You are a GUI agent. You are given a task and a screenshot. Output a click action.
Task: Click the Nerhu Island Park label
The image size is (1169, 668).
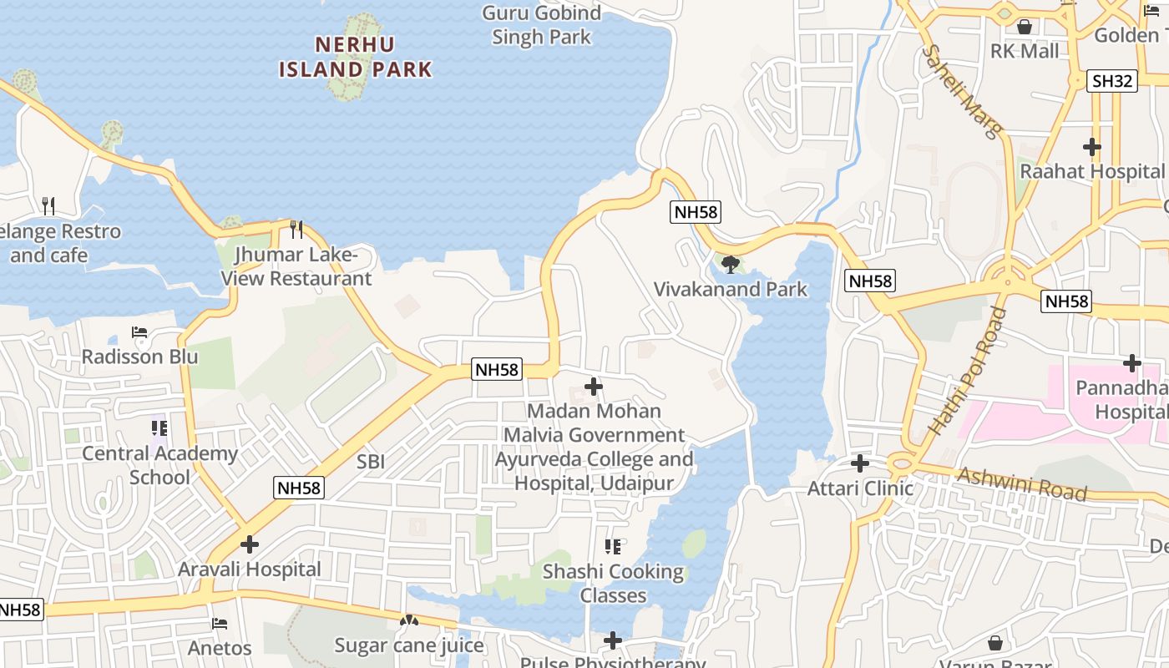(356, 57)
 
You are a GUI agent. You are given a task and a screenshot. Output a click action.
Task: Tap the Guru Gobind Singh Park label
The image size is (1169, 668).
(542, 25)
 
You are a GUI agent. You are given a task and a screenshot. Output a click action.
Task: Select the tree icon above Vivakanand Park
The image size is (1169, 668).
(731, 265)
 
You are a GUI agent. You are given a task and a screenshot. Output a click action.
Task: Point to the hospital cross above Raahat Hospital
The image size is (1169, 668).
(1091, 147)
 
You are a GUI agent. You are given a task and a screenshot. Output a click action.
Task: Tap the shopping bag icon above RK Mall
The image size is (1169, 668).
(1025, 27)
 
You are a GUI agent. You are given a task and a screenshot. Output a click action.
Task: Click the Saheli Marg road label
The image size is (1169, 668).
(961, 92)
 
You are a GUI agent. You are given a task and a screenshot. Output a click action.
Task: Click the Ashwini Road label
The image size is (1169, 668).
(1022, 483)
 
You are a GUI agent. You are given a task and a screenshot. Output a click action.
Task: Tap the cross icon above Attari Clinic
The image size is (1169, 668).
(859, 463)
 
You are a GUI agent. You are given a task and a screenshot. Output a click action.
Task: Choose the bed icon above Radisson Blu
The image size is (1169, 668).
(139, 332)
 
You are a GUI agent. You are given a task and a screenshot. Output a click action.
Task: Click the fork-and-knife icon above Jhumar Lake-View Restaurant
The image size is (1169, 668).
(296, 229)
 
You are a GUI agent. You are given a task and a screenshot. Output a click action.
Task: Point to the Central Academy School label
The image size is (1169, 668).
(159, 465)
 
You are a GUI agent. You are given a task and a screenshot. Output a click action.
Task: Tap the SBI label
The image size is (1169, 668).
(371, 461)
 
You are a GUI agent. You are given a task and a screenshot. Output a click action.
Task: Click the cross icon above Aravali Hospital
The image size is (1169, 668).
(249, 544)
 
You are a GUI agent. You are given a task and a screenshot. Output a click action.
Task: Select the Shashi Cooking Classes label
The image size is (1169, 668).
(613, 583)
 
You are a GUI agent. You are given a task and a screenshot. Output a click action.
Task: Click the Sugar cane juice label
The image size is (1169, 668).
(409, 645)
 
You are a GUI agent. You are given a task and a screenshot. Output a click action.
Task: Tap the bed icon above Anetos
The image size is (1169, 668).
(220, 624)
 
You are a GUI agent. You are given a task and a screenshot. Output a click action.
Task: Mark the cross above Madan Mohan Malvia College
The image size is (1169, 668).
(594, 387)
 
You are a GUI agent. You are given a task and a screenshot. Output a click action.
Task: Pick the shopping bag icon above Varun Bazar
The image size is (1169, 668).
(994, 643)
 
